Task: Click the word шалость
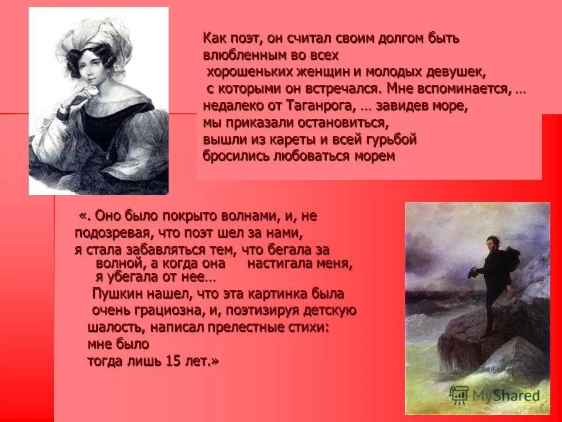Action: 112,328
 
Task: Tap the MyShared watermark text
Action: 502,395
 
